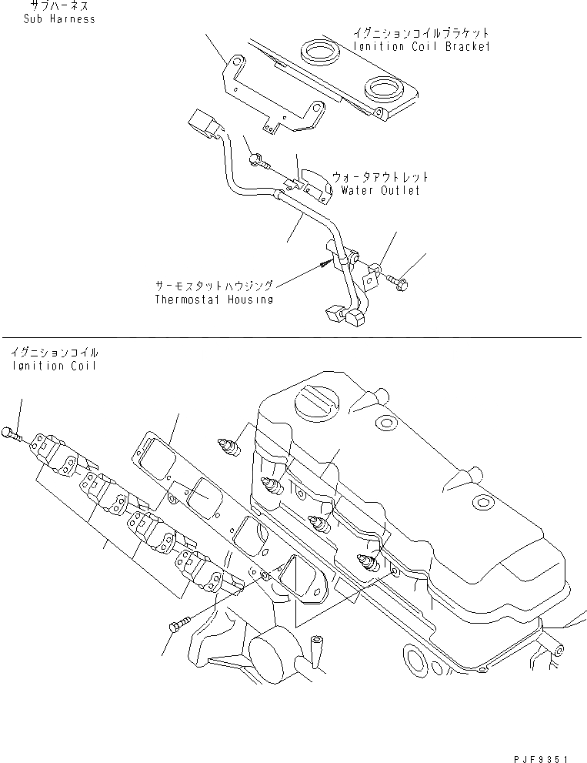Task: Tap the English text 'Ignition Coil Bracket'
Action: pos(422,46)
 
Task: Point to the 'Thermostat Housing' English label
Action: pos(213,300)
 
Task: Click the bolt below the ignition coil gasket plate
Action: pos(176,624)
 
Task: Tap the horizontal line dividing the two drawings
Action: pos(292,337)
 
